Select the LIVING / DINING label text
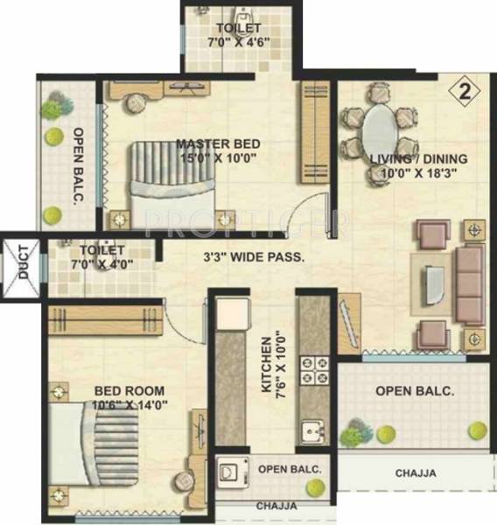click(418, 159)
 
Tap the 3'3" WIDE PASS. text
click(254, 257)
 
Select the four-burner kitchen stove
click(312, 372)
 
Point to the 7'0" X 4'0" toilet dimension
click(94, 263)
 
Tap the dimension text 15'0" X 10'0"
click(215, 159)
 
